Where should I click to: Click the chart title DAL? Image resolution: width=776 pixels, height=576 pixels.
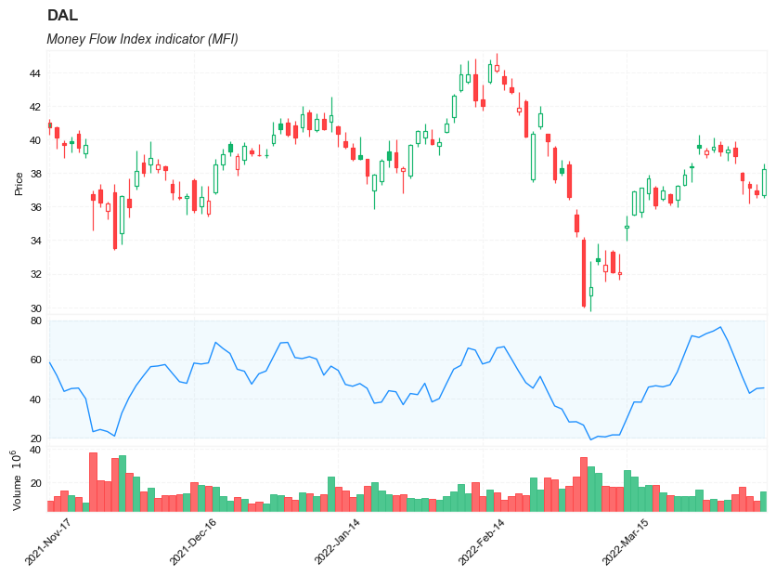62,16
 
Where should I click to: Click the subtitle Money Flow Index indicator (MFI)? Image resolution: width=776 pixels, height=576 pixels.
142,39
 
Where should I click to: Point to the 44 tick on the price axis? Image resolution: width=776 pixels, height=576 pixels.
34,73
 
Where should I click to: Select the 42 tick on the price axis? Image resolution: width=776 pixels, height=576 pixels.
34,107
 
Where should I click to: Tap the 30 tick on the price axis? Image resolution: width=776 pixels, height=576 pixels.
34,308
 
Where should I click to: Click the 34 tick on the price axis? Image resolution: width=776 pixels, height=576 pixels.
34,242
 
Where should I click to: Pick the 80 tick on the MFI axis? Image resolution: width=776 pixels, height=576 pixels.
35,321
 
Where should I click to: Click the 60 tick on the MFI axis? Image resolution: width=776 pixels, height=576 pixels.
35,360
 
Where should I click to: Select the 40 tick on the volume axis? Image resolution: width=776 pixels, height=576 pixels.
35,450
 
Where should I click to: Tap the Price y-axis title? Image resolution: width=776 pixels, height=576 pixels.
19,183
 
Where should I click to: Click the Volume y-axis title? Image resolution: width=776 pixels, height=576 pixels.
17,481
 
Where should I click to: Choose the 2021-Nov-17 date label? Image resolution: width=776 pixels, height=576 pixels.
48,542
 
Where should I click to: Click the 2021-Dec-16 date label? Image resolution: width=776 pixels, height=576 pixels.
193,542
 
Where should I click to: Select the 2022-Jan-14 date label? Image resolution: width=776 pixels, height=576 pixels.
338,542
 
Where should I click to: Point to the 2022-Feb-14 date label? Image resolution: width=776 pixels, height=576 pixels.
482,542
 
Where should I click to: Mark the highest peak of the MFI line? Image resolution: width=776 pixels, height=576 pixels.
720,327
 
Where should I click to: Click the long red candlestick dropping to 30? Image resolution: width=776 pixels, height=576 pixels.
584,273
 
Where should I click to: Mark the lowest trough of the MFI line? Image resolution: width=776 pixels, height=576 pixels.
590,439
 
